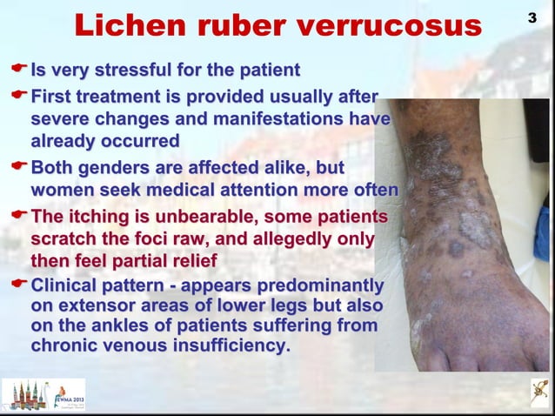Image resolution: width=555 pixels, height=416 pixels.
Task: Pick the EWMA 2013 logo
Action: [43, 395]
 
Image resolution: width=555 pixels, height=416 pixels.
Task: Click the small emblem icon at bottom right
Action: [539, 394]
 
